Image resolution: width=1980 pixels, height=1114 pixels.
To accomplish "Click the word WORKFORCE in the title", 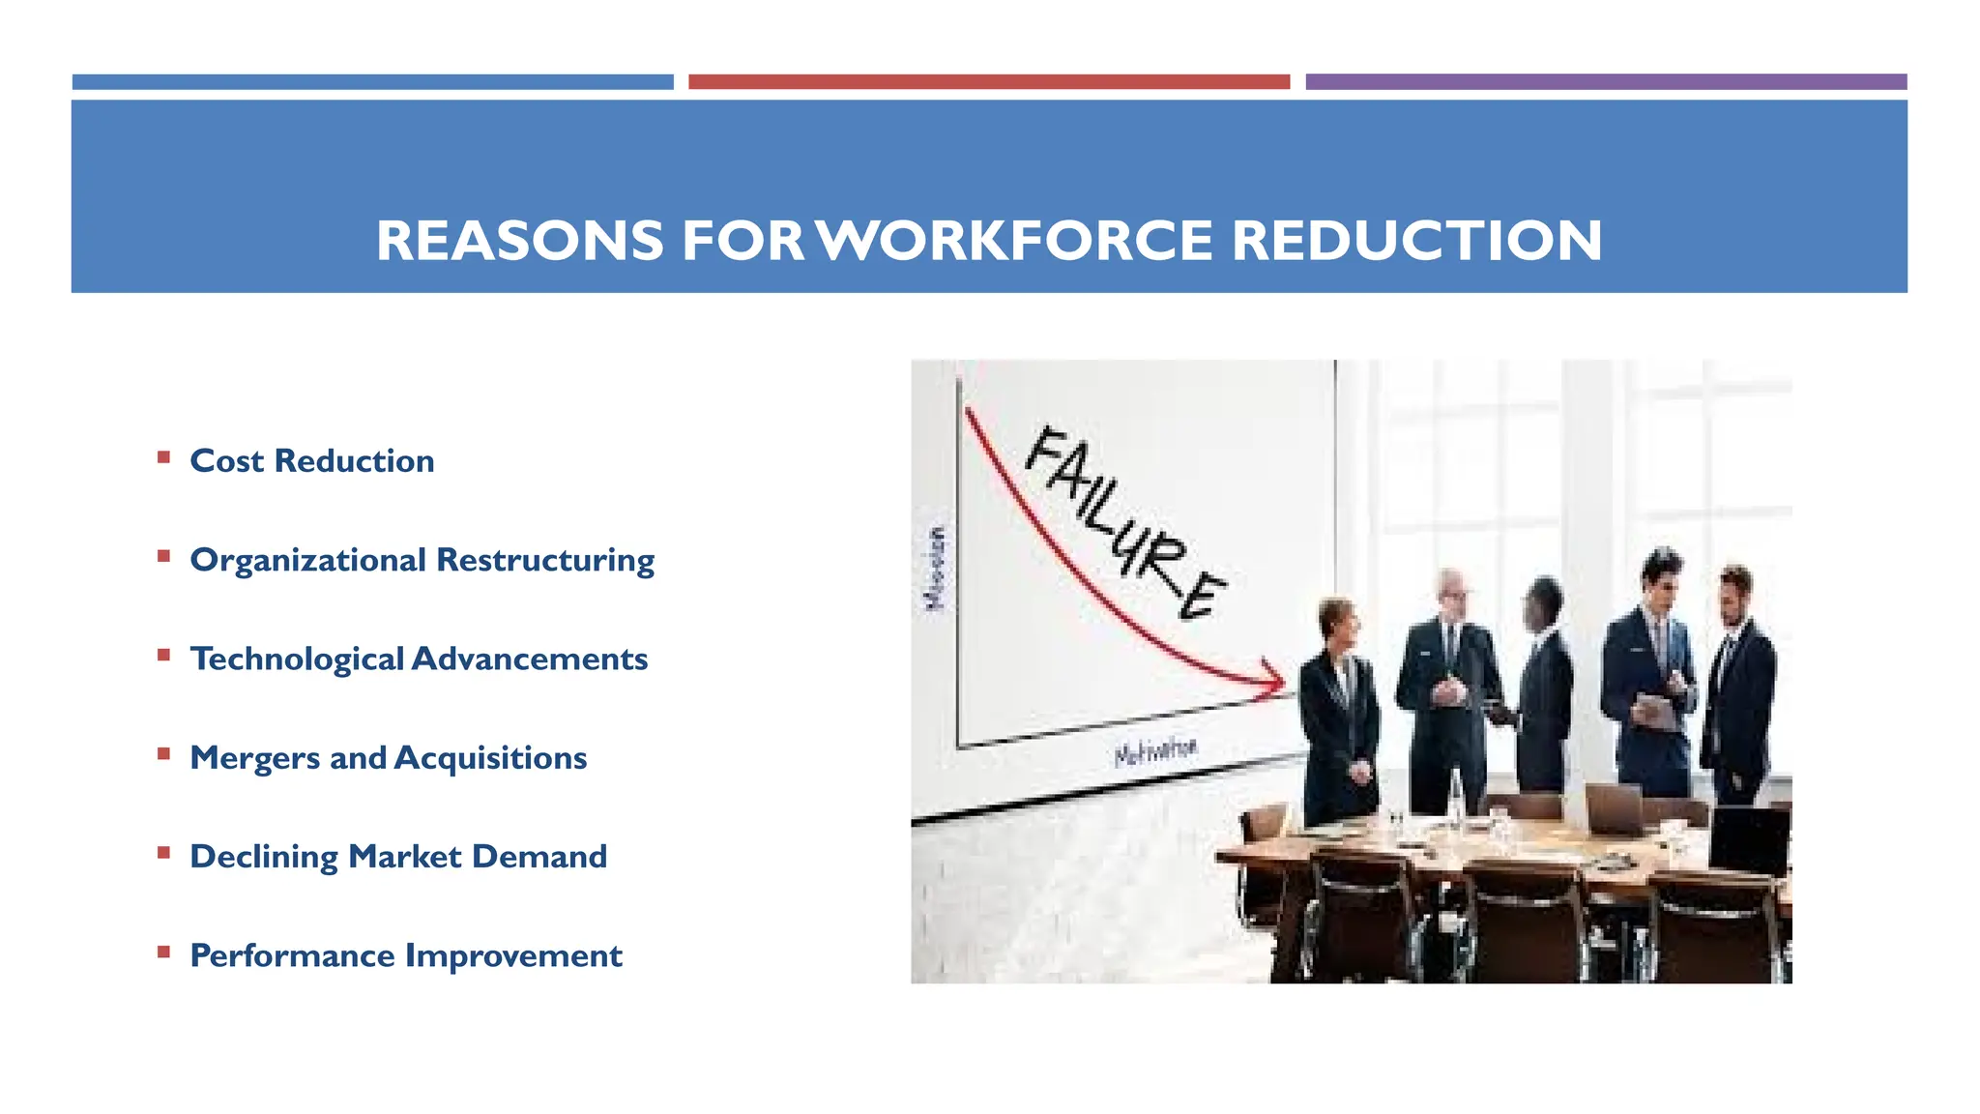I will (x=1015, y=241).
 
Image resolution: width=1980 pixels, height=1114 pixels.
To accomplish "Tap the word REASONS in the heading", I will (x=520, y=241).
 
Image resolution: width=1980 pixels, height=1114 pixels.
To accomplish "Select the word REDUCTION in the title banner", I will (x=1416, y=241).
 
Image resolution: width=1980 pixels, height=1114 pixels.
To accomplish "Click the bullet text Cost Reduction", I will (x=311, y=461).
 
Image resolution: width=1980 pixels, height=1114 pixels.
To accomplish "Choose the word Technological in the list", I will (x=296, y=660).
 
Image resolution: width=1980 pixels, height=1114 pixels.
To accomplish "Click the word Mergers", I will (x=254, y=758).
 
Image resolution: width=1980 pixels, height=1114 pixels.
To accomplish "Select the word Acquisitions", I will (x=490, y=758).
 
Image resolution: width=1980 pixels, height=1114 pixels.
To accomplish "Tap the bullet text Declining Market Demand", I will (x=397, y=857).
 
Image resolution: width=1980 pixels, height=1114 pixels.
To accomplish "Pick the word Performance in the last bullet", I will (x=292, y=956).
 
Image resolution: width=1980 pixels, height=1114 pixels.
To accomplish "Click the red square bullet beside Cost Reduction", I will (x=163, y=457).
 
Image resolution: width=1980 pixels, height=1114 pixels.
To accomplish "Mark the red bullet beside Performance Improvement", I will (x=163, y=953).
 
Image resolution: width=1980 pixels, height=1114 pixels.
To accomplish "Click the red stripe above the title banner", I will (x=988, y=82).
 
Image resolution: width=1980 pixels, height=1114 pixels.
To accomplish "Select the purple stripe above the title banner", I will (x=1605, y=82).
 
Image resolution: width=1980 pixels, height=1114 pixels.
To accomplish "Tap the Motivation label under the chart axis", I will (x=1155, y=751).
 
